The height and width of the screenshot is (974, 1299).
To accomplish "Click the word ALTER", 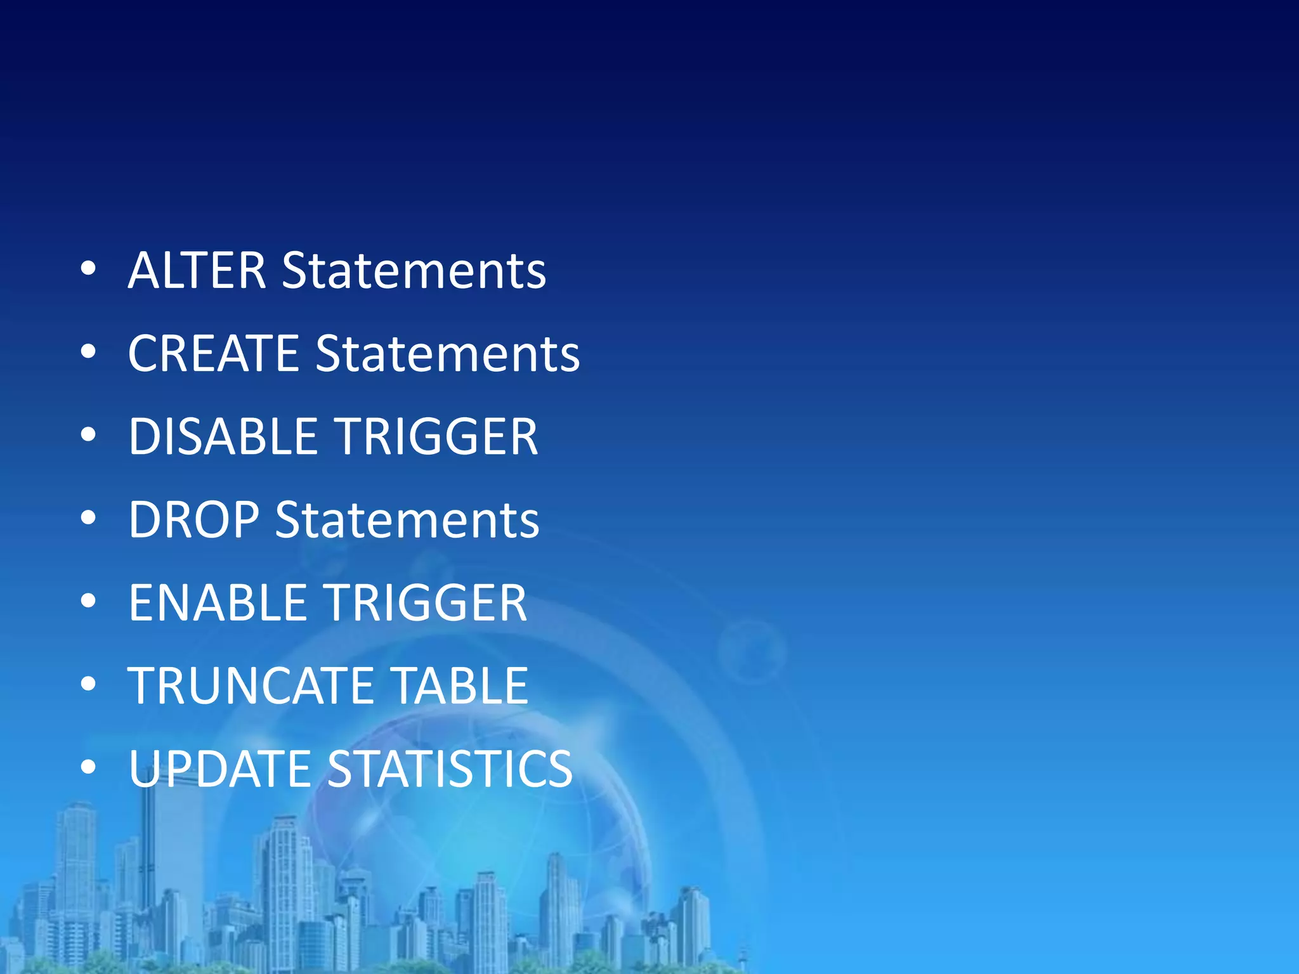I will coord(197,271).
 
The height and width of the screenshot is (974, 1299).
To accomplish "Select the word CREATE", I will coord(213,354).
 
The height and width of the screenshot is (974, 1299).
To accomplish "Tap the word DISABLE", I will coord(223,437).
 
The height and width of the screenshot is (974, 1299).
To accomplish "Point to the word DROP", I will coord(193,520).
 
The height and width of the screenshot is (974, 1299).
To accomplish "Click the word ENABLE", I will coord(218,603).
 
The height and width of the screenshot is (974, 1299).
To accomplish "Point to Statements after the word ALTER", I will coord(414,271).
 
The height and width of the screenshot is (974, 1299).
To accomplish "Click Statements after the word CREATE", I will coord(447,354).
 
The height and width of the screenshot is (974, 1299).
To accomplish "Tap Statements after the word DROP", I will coord(407,520).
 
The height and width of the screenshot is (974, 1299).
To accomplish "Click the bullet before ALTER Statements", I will coord(88,269).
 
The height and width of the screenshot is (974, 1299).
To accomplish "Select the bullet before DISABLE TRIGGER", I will coord(88,435).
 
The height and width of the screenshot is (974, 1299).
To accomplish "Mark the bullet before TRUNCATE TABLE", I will coord(88,684).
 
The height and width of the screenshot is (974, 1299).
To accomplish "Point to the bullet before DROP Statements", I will coord(88,518).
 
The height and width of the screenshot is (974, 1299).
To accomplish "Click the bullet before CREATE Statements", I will coord(88,352).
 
